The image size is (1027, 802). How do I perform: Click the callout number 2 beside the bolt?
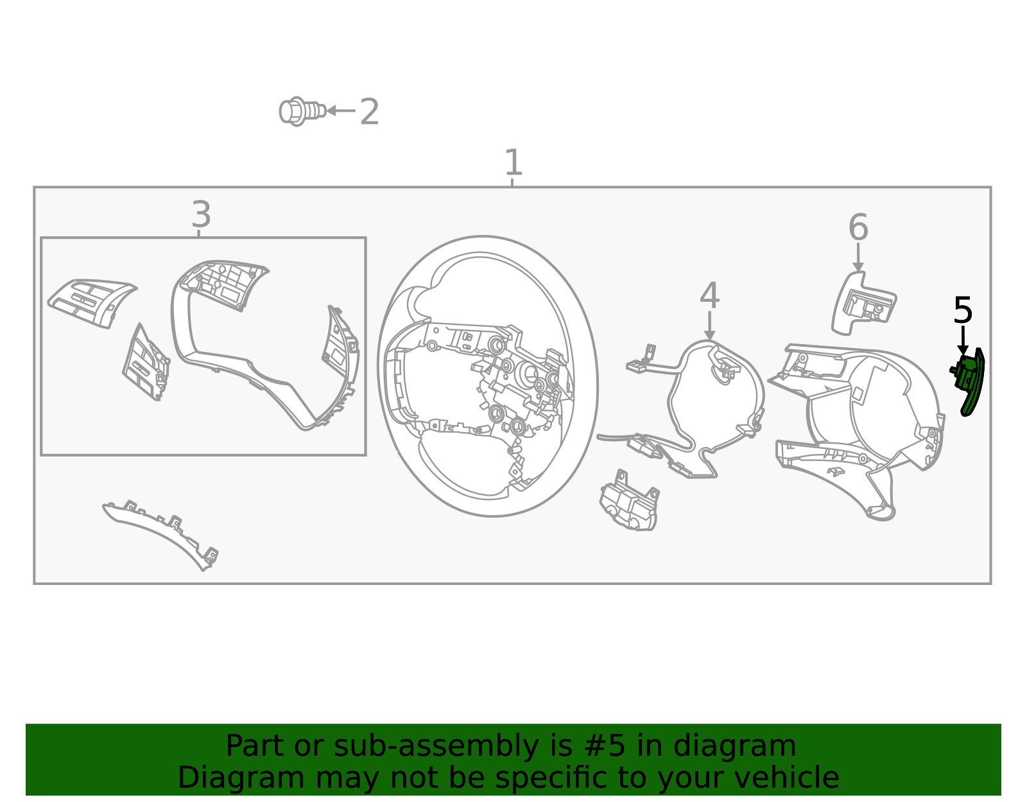click(x=369, y=112)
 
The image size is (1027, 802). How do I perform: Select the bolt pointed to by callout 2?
click(x=302, y=112)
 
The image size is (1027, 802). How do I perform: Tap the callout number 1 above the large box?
click(x=513, y=162)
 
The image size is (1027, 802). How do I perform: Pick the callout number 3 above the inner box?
click(x=201, y=214)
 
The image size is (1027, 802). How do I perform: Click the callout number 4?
click(x=709, y=296)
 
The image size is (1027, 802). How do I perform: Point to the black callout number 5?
click(x=963, y=311)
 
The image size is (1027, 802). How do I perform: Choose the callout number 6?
click(x=858, y=227)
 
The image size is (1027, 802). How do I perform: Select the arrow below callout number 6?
click(x=858, y=257)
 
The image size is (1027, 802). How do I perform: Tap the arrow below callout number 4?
click(x=709, y=326)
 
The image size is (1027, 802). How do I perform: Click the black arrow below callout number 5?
click(x=963, y=340)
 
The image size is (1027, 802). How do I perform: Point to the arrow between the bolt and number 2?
click(x=341, y=110)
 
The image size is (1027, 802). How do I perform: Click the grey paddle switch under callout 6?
click(x=863, y=304)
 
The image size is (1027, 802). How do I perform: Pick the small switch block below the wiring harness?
click(x=629, y=501)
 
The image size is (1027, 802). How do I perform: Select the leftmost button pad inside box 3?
click(x=92, y=303)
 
